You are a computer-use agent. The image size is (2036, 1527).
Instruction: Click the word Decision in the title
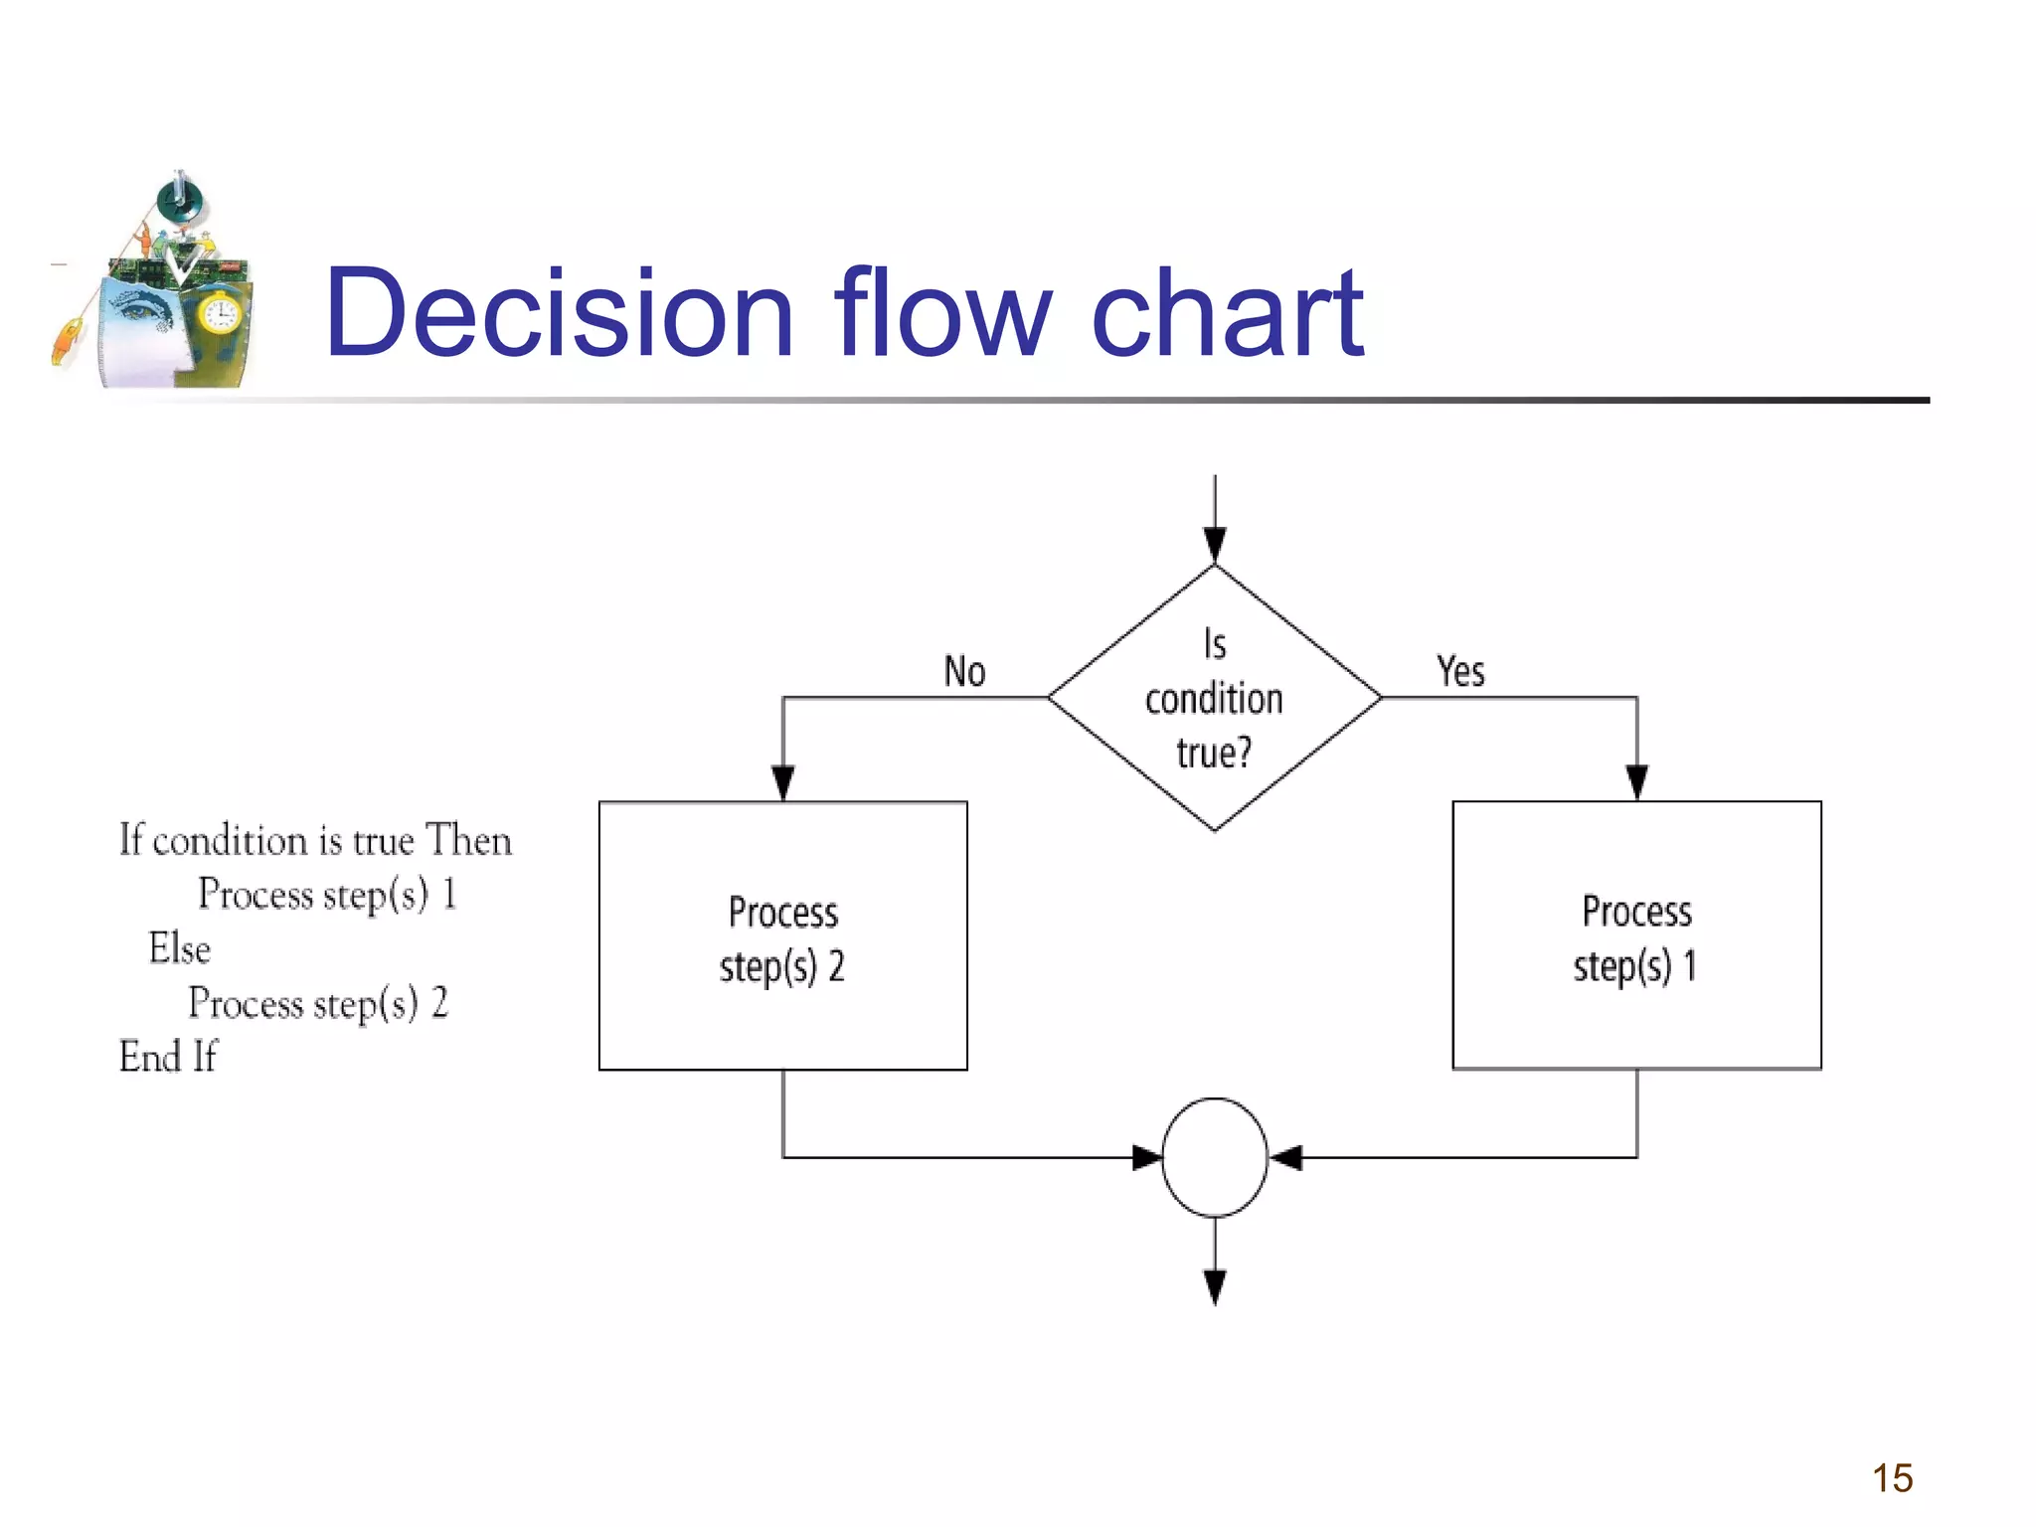(560, 313)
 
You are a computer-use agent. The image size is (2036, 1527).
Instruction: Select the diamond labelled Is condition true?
(1214, 698)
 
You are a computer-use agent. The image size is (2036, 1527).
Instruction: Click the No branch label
(964, 672)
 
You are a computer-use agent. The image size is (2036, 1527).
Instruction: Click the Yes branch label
(1460, 672)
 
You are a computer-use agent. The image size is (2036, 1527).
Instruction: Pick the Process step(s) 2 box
(782, 936)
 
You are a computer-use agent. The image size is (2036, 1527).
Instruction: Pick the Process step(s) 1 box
(1636, 936)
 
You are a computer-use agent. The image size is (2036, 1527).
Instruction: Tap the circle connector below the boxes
(1214, 1157)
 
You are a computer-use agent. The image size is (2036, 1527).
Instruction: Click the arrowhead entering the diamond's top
(1214, 545)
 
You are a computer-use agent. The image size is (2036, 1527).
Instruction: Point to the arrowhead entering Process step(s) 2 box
(783, 782)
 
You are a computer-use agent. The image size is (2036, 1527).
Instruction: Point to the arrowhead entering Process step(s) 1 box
(1636, 782)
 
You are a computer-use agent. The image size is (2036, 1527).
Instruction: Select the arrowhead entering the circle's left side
(1147, 1157)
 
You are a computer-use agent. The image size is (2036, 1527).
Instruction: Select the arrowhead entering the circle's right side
(1285, 1157)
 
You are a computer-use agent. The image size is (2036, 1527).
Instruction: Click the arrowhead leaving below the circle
(1214, 1286)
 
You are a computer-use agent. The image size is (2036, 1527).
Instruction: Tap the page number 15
(1892, 1478)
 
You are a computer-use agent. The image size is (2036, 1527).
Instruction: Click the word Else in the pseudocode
(180, 948)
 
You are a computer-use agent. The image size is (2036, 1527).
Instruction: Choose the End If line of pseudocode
(167, 1057)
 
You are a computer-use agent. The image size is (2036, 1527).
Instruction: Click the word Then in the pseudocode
(468, 841)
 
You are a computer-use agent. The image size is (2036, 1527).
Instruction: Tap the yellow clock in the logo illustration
(219, 315)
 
